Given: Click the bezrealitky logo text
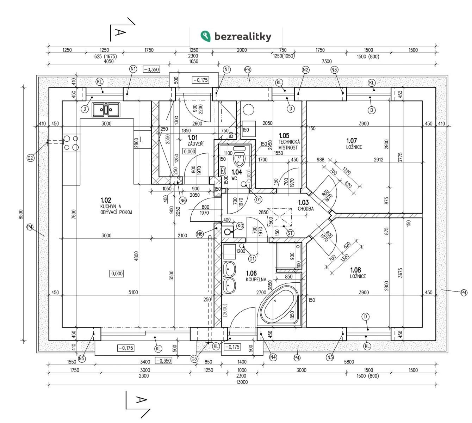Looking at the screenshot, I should point(242,36).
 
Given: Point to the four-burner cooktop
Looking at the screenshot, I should point(71,143).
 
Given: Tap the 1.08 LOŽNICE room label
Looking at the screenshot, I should point(358,273).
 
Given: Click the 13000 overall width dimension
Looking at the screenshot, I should point(242,382).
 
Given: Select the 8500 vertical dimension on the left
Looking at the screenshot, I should point(20,214).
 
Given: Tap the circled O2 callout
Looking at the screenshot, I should point(31,158).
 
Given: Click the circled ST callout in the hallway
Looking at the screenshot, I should point(291,233).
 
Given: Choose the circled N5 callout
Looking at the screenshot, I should point(82,359).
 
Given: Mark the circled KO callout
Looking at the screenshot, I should point(240,226).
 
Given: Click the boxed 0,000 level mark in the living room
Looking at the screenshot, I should point(117,273).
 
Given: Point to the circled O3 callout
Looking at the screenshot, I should point(194,359).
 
